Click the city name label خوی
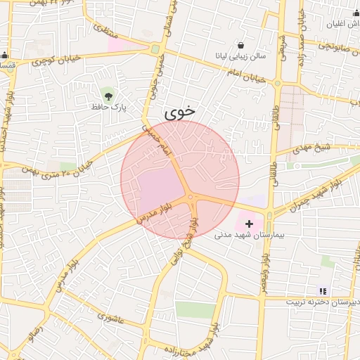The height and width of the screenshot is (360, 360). pos(181,112)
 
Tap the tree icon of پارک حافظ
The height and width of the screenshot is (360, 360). pos(108,95)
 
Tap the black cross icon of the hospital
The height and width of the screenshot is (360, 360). pos(250,224)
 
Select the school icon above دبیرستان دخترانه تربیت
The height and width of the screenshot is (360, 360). pos(323,290)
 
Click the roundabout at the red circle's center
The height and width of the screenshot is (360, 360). pos(191,198)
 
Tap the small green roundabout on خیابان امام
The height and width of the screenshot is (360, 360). pos(155,49)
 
